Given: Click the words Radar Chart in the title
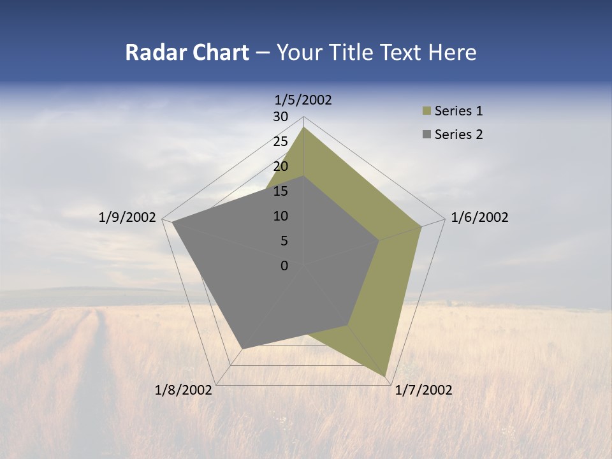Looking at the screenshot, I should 187,52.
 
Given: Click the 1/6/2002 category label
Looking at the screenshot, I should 479,217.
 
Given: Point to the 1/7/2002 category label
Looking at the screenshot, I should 423,390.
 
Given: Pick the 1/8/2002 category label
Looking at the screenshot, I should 184,390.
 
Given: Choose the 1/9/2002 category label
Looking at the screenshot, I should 127,217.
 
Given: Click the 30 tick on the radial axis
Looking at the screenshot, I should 280,117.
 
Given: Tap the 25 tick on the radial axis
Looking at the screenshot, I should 280,142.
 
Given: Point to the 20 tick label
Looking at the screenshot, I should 280,166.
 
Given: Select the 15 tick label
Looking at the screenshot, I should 280,191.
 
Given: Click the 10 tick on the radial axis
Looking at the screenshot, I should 280,216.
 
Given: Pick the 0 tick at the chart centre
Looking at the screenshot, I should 284,266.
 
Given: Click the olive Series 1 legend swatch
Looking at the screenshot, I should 426,111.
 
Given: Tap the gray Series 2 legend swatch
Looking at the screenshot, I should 426,135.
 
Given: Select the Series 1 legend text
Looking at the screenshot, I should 458,111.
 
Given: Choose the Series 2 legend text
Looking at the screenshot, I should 458,135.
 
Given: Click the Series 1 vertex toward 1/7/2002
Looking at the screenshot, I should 385,376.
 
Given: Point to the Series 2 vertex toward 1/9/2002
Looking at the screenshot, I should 173,222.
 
